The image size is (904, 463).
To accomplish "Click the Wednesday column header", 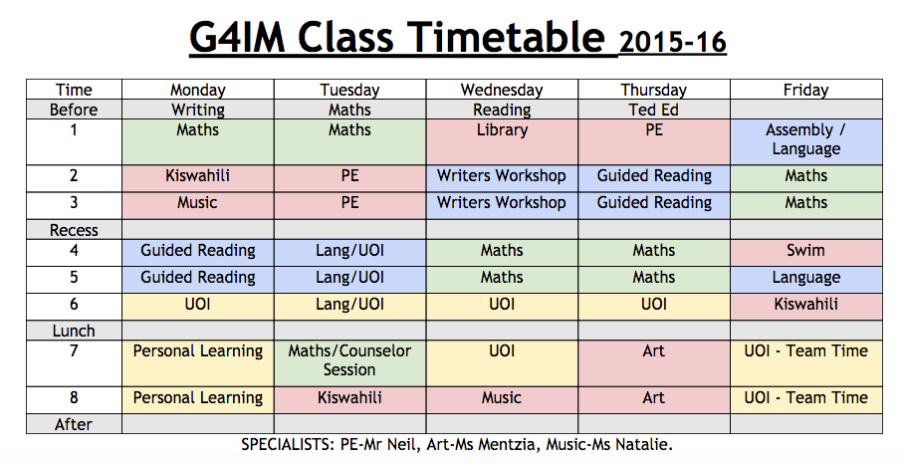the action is tap(502, 90).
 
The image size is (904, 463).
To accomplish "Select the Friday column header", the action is tap(806, 90).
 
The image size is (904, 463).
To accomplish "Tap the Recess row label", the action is tap(74, 230).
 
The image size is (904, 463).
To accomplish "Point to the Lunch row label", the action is tap(74, 331).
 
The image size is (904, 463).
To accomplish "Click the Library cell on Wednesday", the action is tap(502, 141).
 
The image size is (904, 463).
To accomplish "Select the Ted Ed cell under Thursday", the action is tap(654, 110).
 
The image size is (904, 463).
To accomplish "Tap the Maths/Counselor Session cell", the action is tap(350, 363).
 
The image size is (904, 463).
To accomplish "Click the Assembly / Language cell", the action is tap(806, 141).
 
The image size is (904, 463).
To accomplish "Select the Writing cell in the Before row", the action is tap(198, 110).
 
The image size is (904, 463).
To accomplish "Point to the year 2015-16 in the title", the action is tap(672, 42).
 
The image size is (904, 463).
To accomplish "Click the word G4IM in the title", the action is tap(236, 38).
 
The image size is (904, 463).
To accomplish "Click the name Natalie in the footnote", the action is tap(646, 444).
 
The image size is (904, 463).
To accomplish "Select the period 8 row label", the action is tap(74, 399).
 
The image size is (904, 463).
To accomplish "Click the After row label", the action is tap(74, 424).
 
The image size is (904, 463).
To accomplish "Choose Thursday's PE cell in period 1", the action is tap(654, 141).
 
